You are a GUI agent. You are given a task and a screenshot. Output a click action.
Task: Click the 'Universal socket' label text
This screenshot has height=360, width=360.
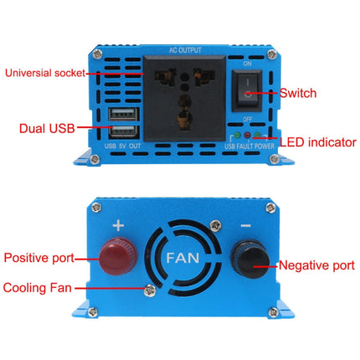[45, 73]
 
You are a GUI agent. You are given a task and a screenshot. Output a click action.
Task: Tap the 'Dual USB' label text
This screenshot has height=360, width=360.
[47, 128]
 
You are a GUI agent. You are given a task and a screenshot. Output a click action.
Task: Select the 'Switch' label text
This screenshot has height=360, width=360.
[298, 94]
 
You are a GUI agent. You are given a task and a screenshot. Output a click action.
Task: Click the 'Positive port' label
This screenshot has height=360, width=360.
[39, 256]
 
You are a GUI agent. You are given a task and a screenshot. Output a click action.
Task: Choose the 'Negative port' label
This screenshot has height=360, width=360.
[315, 266]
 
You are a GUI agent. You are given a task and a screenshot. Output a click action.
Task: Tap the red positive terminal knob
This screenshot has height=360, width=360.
[113, 256]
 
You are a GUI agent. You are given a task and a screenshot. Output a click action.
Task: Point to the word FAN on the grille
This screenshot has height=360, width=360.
[183, 258]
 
